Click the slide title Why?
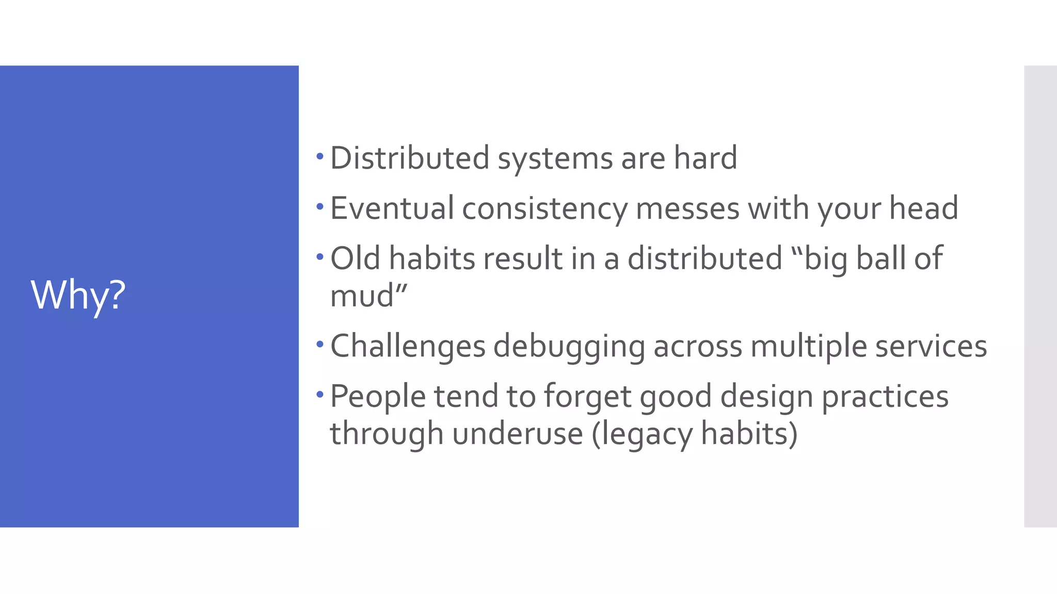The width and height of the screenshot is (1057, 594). tap(78, 295)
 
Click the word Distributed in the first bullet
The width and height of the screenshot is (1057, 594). tap(409, 158)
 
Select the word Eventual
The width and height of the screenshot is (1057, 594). tap(392, 208)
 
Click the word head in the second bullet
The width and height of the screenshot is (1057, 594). tap(923, 208)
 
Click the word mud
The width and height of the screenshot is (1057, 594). tap(362, 296)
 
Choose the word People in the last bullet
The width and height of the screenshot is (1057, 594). tap(378, 397)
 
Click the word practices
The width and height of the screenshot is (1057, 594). tap(885, 397)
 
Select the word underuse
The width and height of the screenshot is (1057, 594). tap(518, 434)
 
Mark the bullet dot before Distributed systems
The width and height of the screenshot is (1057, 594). tap(320, 156)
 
